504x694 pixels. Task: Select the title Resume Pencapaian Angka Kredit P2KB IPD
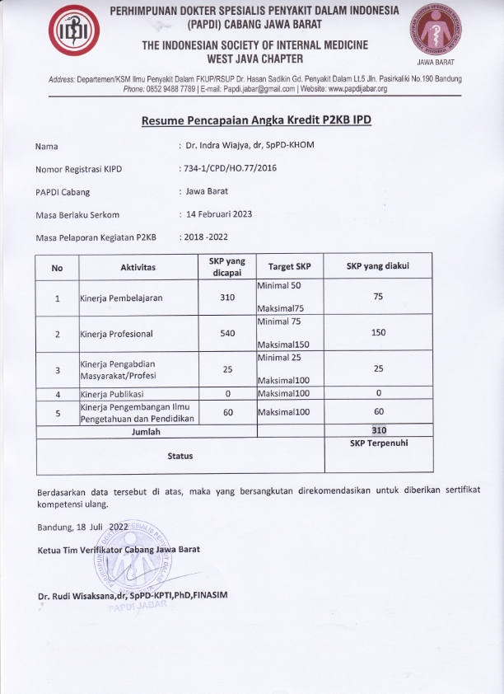[x=256, y=120]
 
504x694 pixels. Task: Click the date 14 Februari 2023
[x=218, y=214]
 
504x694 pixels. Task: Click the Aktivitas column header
[x=138, y=268]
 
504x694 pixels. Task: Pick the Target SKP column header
[x=290, y=268]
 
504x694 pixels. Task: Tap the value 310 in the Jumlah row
[x=379, y=430]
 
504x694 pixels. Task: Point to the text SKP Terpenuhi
[x=379, y=443]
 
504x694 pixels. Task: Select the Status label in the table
[x=180, y=455]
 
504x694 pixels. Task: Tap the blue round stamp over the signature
[x=137, y=560]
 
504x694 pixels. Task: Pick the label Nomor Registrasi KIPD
[x=79, y=170]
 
